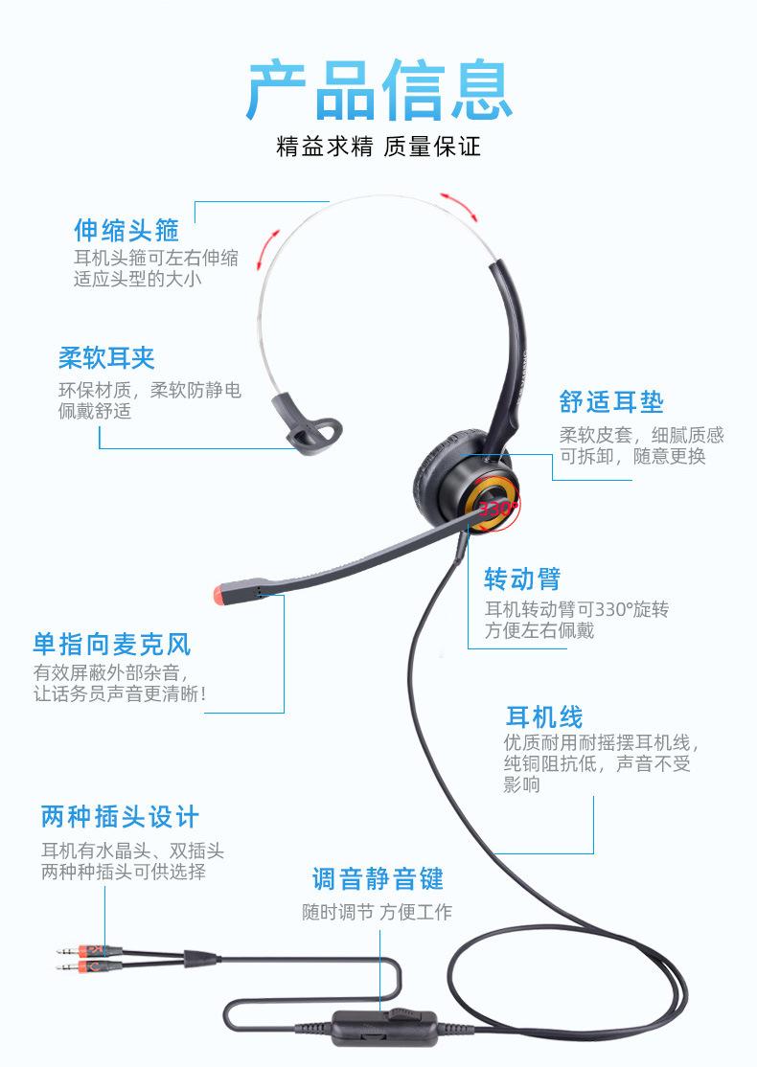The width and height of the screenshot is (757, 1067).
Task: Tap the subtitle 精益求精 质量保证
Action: [378, 148]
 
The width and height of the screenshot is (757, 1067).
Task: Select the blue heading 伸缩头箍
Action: [126, 230]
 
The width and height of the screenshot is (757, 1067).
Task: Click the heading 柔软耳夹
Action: [106, 358]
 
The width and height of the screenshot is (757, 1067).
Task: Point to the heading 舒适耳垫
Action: [611, 401]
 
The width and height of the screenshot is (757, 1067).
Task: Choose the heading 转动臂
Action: [522, 579]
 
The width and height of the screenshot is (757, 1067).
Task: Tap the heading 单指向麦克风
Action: [112, 643]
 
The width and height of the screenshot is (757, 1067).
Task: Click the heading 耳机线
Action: [544, 716]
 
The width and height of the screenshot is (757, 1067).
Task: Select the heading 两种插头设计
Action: [120, 817]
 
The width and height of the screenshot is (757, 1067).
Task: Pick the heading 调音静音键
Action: [378, 877]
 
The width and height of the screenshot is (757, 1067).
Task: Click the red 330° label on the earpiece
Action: [497, 508]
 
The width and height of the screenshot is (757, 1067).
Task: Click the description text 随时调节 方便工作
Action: [377, 913]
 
